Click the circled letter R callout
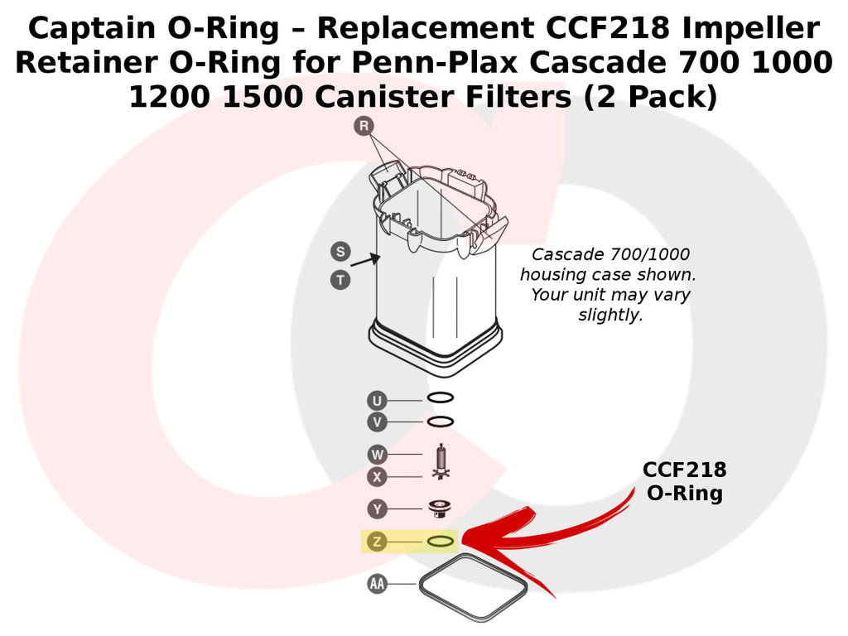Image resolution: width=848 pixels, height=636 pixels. [364, 126]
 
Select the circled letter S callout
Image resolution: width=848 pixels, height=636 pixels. [340, 252]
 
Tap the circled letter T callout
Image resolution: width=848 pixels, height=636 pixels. [340, 280]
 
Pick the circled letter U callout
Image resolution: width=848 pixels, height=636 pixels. [377, 401]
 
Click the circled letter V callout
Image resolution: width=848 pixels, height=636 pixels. [377, 422]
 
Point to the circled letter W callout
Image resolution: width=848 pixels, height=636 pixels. [377, 455]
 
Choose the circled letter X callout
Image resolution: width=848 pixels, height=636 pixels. [377, 477]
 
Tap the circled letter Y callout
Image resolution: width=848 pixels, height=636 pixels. [377, 509]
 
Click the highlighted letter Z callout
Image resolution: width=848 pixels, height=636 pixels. [377, 542]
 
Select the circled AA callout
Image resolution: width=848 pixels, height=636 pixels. [377, 584]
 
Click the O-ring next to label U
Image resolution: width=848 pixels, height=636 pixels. [441, 393]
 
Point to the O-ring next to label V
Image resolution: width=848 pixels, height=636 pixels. [441, 417]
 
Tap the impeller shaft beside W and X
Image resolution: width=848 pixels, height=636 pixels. [441, 460]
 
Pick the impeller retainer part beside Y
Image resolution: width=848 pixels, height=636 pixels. [439, 508]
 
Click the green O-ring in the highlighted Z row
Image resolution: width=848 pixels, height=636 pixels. [441, 537]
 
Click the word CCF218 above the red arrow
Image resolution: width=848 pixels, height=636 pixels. [685, 470]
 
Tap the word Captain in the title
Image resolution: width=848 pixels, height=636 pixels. [91, 28]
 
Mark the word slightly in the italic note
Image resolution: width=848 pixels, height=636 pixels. [610, 316]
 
